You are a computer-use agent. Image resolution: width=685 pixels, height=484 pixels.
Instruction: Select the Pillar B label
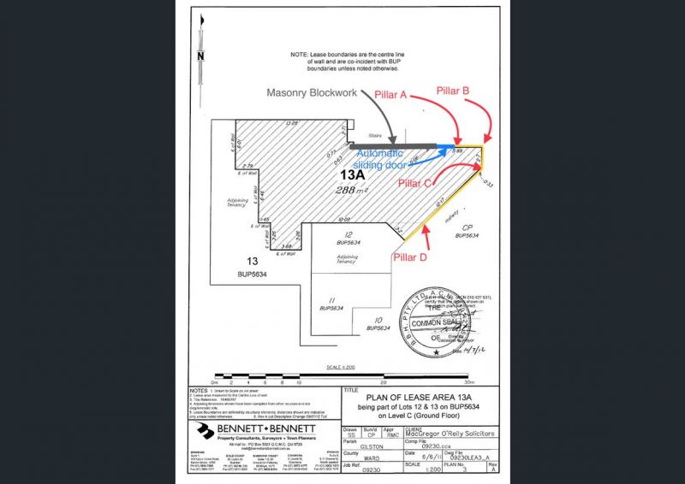[453, 90]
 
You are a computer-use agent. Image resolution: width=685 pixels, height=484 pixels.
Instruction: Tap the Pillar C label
[414, 181]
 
